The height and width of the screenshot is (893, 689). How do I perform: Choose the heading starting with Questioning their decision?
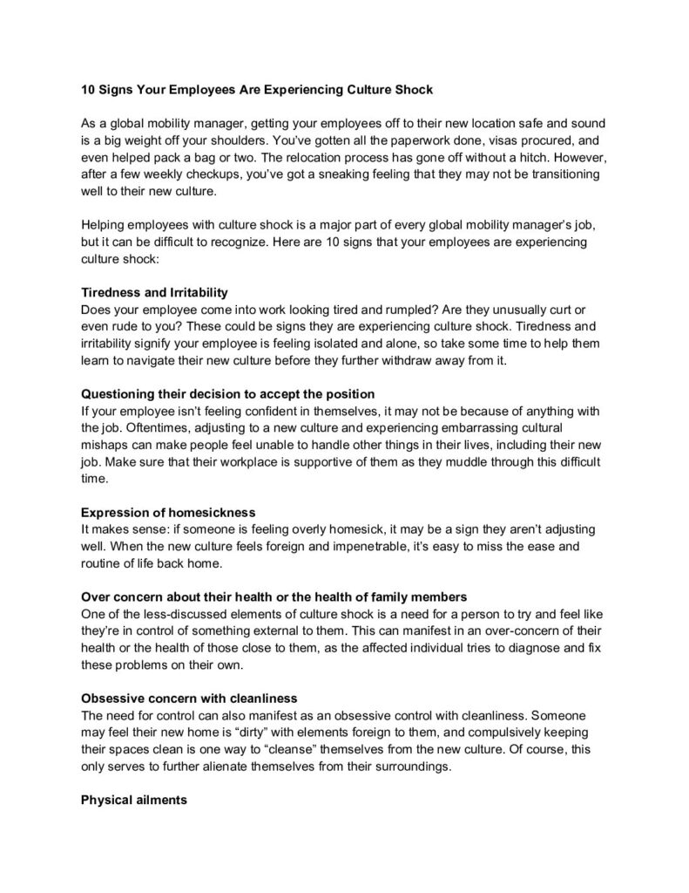click(227, 393)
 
